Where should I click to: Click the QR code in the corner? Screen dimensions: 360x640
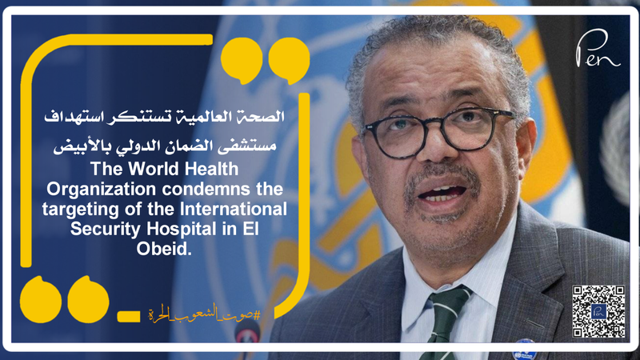(x=598, y=310)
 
